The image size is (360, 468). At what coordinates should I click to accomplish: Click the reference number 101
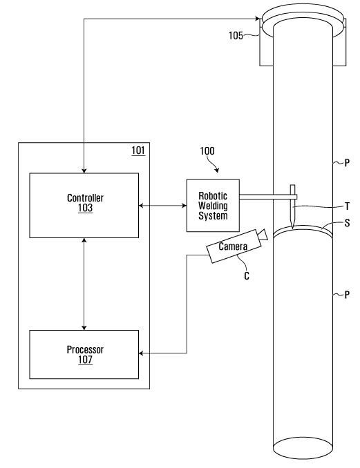[x=138, y=150]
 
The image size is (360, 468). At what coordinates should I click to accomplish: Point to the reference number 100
[x=207, y=151]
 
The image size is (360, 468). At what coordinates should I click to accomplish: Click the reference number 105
[x=236, y=35]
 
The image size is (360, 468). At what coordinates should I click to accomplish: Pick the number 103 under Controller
[x=86, y=208]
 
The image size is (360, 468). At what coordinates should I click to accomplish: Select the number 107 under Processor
[x=86, y=360]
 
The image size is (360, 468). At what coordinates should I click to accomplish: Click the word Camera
[x=233, y=246]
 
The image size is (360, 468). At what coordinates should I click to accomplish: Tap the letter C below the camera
[x=247, y=276]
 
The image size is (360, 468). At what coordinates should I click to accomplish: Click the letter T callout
[x=347, y=206]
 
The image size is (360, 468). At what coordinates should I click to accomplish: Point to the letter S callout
[x=347, y=223]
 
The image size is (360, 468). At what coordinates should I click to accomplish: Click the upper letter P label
[x=347, y=163]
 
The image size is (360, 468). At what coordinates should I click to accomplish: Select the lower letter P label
[x=347, y=295]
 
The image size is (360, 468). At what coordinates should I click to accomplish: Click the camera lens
[x=263, y=235]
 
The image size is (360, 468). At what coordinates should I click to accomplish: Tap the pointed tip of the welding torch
[x=292, y=228]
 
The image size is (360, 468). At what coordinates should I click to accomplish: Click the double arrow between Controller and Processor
[x=84, y=284]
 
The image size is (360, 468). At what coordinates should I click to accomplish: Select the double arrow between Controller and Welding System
[x=163, y=205]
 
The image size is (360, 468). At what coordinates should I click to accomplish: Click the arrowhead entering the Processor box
[x=142, y=353]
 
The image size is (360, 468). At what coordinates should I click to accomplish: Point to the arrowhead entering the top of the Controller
[x=84, y=170]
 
